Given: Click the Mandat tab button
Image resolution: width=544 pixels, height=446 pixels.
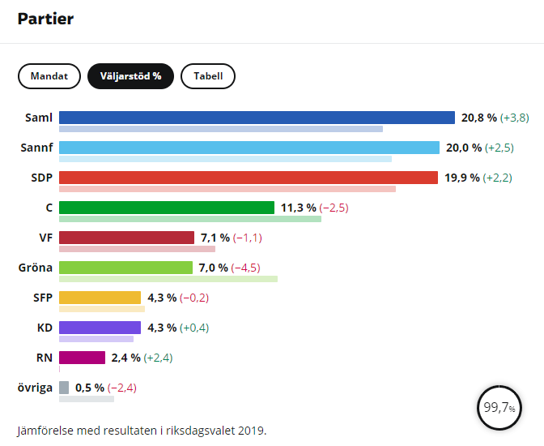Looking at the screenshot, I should pos(49,76).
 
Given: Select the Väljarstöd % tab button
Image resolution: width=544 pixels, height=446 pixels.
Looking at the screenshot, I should pos(130,76).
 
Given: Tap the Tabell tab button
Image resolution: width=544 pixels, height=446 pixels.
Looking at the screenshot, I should pos(208,76).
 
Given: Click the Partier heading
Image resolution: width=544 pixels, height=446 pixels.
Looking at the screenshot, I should pos(45,19).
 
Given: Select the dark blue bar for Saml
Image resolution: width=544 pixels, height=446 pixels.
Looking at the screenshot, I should pos(257,118).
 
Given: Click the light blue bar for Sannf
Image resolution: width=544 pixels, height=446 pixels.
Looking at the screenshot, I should pos(249,148).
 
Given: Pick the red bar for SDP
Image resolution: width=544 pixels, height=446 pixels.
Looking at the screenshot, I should pos(248,178).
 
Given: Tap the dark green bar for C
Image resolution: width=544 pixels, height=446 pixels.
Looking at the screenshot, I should pos(167,208).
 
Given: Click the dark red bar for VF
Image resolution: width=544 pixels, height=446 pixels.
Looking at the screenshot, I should pos(126,238).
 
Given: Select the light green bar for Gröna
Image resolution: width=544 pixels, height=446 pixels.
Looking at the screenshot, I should pos(126,268).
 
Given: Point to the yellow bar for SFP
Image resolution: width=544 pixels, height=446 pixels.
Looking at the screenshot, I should pos(100,298).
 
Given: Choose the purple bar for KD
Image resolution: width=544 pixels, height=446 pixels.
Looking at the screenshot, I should pos(100,328).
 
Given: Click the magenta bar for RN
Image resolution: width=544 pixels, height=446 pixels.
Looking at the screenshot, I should pos(82,358).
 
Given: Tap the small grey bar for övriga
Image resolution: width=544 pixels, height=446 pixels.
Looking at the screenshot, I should pos(64,388).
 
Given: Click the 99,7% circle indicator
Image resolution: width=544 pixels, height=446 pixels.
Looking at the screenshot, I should pos(499,408).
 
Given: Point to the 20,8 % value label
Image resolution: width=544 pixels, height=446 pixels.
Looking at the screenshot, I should pos(478,118).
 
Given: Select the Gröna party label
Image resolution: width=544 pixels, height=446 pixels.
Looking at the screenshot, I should pos(35,268).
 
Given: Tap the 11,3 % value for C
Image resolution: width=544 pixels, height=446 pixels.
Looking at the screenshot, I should pos(298,208).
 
